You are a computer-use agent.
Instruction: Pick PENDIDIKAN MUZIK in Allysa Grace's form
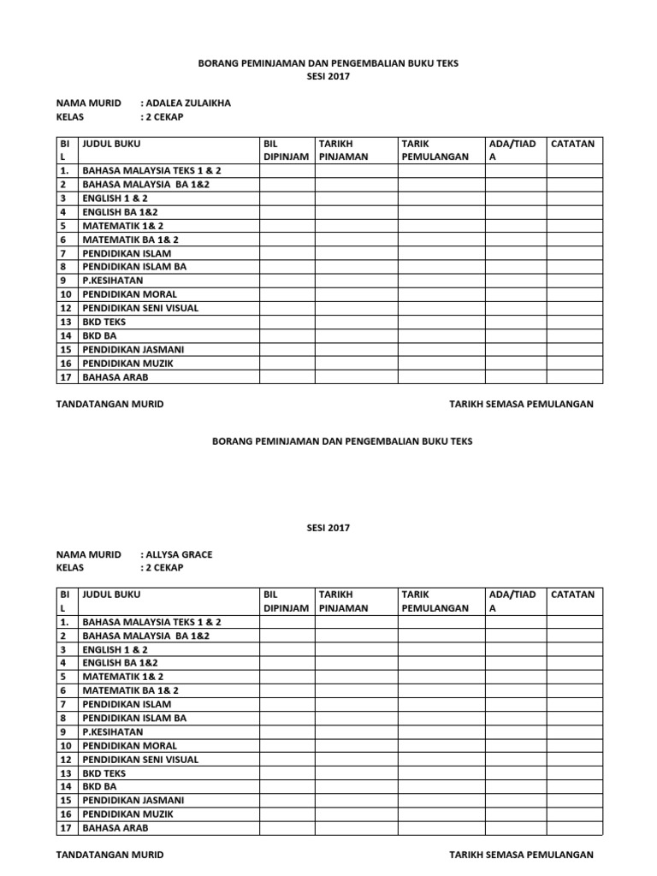point(127,814)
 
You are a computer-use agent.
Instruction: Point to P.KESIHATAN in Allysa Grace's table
point(112,732)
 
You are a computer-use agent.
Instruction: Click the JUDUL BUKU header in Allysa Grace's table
point(111,594)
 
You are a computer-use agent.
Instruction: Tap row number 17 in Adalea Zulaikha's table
point(64,376)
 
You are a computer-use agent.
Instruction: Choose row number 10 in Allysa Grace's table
point(64,746)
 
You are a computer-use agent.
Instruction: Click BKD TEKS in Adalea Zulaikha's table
point(104,322)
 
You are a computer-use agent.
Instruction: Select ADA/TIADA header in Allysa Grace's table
point(512,601)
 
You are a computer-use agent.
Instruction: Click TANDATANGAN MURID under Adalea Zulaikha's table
point(109,404)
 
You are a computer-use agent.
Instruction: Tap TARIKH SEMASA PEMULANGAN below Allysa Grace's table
point(521,855)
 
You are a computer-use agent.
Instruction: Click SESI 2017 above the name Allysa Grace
point(328,528)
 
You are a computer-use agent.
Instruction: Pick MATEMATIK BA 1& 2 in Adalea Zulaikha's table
point(130,240)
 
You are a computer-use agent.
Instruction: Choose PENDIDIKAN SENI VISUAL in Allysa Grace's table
point(139,760)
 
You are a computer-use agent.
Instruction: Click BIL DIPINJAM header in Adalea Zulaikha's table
point(287,150)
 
